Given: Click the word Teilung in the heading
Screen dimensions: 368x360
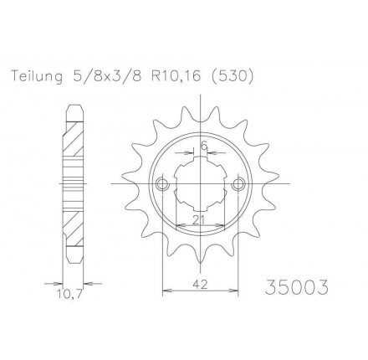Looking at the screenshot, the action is pos(37,77).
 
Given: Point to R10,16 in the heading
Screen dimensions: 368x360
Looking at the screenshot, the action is pos(176,77).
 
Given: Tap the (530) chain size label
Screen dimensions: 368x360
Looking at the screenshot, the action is pos(231,77).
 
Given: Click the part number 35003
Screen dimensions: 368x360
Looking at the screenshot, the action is pos(297,287).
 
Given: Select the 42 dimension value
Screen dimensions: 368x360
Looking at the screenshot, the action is pos(200,285).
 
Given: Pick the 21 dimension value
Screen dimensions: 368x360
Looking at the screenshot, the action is pos(198,220).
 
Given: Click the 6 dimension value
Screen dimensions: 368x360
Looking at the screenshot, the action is pos(204,146).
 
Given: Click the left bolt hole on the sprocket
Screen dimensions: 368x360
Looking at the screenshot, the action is pos(162,184).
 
